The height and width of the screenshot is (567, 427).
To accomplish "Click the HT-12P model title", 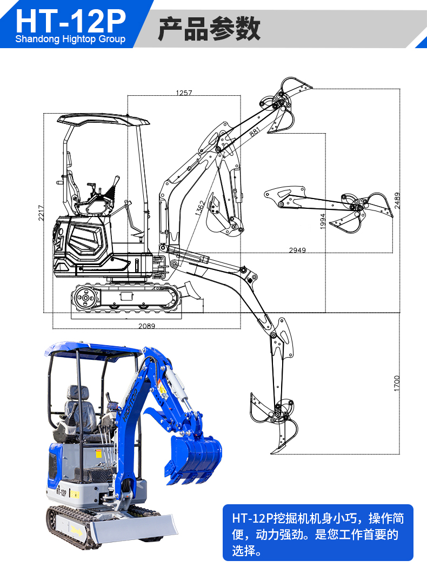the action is coord(71,21).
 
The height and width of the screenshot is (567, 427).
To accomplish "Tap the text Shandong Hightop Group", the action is coord(70,39).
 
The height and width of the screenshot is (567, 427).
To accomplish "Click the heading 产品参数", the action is coord(209,29).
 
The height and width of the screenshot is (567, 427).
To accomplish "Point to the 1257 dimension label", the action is coord(184,93).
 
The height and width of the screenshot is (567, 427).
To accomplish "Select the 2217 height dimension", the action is coord(41,213).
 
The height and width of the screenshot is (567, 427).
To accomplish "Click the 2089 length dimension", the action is coord(146,326).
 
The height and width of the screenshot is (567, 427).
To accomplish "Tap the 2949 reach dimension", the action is coord(297,250).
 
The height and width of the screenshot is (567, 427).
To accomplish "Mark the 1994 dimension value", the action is coord(323,221).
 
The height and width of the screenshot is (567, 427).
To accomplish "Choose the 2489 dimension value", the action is coord(397,200).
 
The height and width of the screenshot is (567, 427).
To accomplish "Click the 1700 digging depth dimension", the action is coord(397,383).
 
